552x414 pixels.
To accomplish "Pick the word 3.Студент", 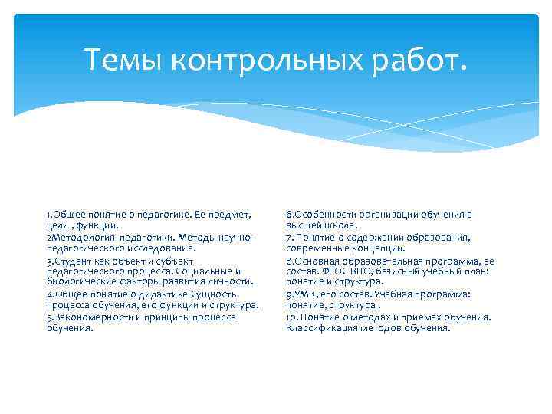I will (67, 260).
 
